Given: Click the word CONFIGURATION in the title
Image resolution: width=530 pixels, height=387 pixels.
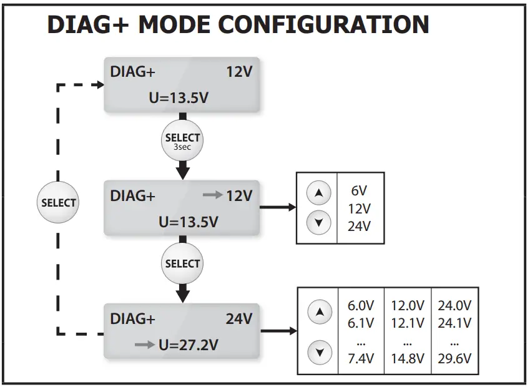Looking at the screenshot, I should pyautogui.click(x=323, y=24).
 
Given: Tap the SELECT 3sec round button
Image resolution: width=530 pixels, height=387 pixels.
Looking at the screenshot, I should pyautogui.click(x=182, y=140).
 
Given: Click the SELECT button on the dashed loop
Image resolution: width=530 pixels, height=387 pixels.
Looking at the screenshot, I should pyautogui.click(x=58, y=203).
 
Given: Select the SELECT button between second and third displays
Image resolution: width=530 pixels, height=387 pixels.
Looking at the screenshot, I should pyautogui.click(x=182, y=264).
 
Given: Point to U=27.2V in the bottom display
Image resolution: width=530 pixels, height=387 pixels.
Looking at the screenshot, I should pyautogui.click(x=189, y=344).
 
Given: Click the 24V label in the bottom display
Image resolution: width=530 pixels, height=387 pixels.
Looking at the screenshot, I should pyautogui.click(x=238, y=319).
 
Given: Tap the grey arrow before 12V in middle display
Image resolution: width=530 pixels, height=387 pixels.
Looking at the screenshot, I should pyautogui.click(x=213, y=196).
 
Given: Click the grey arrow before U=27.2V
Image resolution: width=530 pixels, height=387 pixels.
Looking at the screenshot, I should pyautogui.click(x=144, y=345).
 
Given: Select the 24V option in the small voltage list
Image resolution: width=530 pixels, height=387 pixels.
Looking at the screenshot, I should pyautogui.click(x=360, y=226).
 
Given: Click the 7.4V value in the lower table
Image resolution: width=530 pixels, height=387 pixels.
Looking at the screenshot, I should pyautogui.click(x=360, y=358).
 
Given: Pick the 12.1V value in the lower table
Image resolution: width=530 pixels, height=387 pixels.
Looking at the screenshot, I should pyautogui.click(x=408, y=323).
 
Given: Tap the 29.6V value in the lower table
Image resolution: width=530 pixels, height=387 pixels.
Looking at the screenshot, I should pyautogui.click(x=454, y=358).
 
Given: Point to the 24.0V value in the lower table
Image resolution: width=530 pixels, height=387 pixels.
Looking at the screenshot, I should pyautogui.click(x=454, y=306).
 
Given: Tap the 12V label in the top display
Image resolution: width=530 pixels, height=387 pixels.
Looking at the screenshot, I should pyautogui.click(x=238, y=72).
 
